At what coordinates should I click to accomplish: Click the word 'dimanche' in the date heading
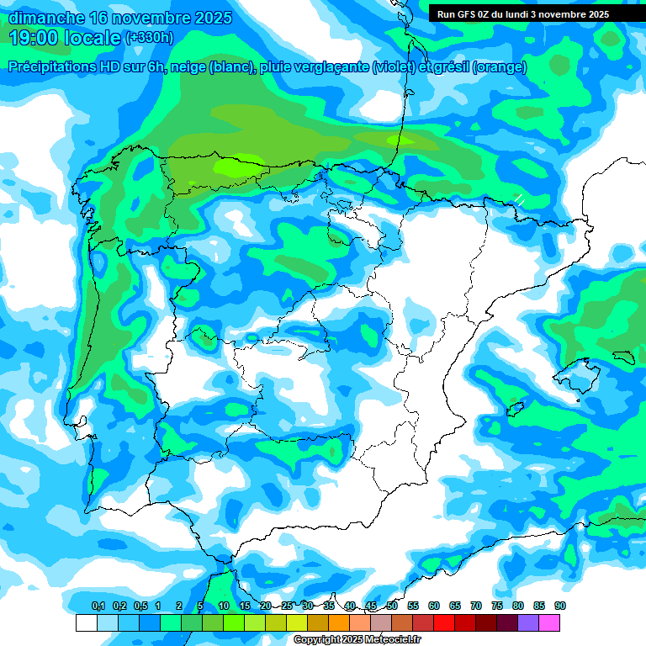46,18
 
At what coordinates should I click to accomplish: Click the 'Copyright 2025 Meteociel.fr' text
357,640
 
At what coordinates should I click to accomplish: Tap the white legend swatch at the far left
86,622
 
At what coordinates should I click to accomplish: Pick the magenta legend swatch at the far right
549,622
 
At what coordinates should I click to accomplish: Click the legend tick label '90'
560,606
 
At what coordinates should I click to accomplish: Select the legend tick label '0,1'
98,606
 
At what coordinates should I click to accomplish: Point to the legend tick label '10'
224,606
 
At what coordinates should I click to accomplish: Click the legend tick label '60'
434,606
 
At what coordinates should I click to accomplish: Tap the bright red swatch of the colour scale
444,622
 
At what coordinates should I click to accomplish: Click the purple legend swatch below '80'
528,622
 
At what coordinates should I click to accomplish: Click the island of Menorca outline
622,357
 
